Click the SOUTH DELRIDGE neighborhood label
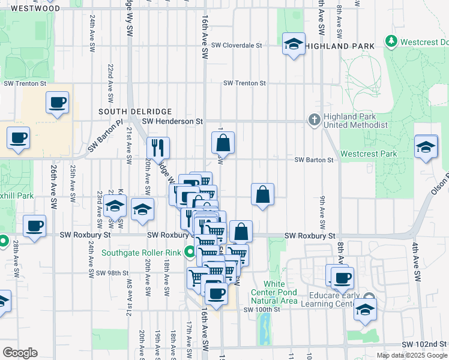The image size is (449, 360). coord(135,112)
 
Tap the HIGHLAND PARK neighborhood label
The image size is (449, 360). coord(340,46)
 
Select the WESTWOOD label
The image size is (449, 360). coord(35,9)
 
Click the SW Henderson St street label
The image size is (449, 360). coord(177,121)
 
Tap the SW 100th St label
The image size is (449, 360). coord(262,310)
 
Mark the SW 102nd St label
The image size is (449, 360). coord(430,344)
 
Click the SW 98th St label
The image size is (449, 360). coord(112,273)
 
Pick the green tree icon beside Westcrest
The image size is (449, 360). coord(391,41)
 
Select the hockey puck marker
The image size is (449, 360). coord(143,209)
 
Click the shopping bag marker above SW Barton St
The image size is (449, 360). coord(223,143)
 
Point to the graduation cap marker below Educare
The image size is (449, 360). coord(365,310)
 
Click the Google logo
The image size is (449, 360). coord(20,353)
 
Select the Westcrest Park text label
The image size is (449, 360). coord(369,154)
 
